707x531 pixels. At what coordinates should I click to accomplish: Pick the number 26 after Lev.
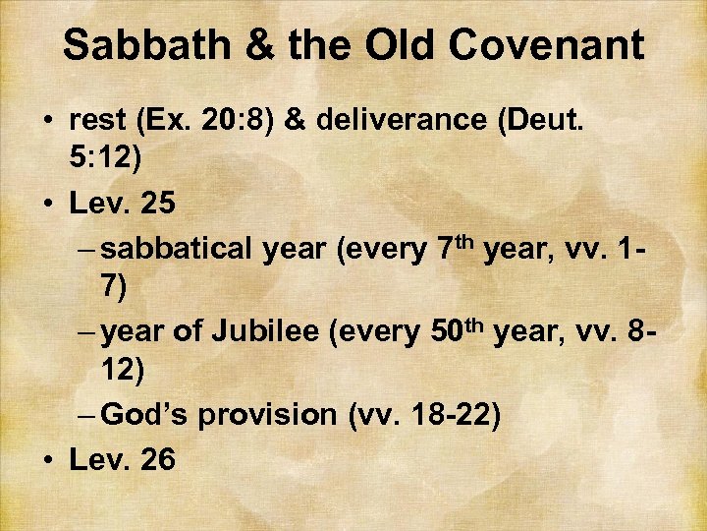click(155, 458)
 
